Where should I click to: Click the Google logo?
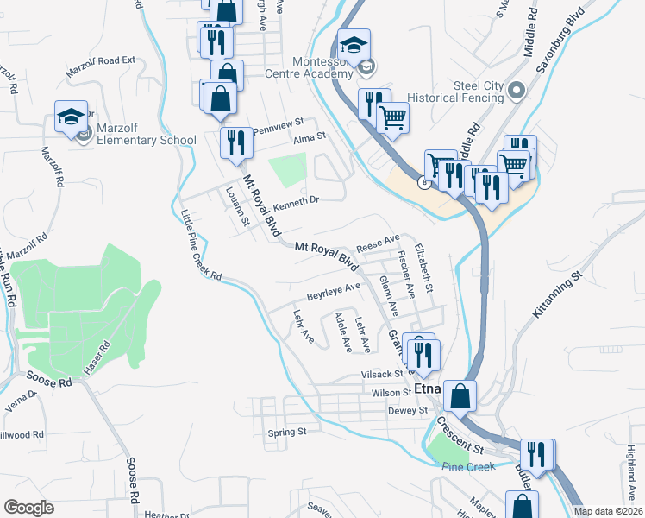click(28, 508)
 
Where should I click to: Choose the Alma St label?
click(309, 136)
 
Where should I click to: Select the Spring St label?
click(287, 432)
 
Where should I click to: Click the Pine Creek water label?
click(468, 467)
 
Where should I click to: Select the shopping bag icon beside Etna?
click(461, 397)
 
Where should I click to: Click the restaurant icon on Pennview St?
click(235, 144)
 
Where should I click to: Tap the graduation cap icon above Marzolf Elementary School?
click(72, 118)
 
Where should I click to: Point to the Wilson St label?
click(391, 393)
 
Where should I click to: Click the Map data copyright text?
click(608, 511)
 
